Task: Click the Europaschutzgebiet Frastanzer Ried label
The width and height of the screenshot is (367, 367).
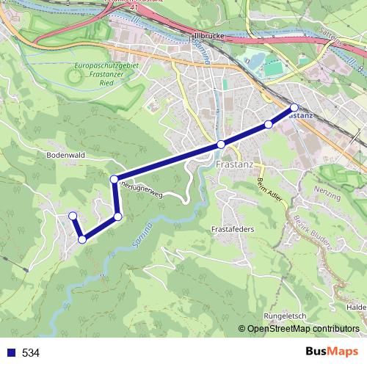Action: (103, 74)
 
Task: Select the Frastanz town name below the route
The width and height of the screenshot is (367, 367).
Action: (235, 165)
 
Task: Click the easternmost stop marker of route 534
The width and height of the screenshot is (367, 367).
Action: (294, 107)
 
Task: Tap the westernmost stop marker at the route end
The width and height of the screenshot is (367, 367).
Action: (73, 215)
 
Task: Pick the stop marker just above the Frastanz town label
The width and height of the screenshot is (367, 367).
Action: (220, 145)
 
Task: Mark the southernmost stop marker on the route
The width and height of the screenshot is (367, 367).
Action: (82, 239)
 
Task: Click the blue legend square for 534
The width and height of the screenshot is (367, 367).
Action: (10, 353)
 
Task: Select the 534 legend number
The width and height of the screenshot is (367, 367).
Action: (31, 353)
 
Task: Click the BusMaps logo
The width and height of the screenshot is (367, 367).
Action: (331, 352)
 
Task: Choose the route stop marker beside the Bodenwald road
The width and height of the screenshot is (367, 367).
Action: (114, 179)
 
